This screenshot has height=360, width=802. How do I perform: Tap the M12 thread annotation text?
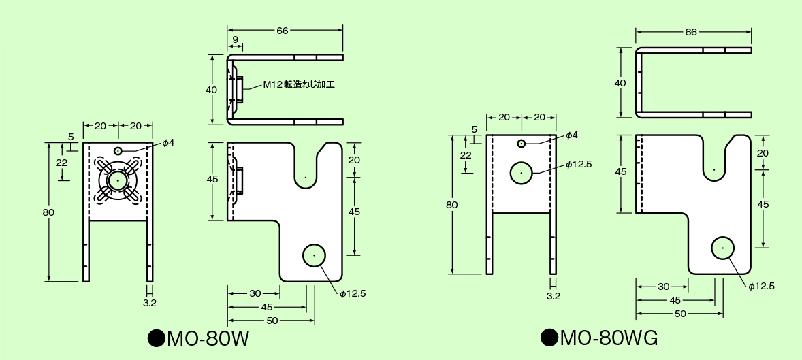pos(300,85)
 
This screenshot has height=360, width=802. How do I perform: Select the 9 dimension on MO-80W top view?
pos(235,41)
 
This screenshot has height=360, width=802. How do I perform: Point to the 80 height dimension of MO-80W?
pos(48,212)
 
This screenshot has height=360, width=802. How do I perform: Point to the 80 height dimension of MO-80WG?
pos(452,205)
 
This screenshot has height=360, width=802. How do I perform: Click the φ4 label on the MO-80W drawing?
pos(167,143)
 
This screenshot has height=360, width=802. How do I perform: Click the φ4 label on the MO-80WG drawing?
pos(571,135)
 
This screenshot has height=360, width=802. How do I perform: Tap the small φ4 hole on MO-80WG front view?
pos(522,143)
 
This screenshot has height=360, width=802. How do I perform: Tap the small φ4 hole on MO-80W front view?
pos(118,150)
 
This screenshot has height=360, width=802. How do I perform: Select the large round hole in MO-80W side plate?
pos(314,255)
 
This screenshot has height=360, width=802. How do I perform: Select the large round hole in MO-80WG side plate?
pos(722,248)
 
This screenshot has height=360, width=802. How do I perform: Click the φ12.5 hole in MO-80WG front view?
pos(522,173)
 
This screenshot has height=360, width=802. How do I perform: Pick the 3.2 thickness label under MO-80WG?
pos(554,296)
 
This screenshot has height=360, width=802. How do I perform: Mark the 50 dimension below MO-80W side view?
pos(272,321)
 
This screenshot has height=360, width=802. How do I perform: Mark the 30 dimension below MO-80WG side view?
pos(662,287)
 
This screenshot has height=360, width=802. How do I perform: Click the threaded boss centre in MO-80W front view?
pos(118,180)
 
